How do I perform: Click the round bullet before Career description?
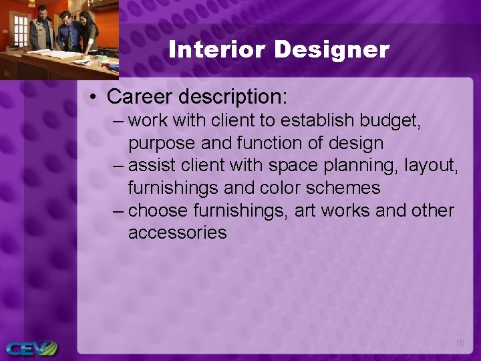pos(93,98)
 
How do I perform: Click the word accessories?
pos(177,233)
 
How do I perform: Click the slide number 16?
pos(460,342)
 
